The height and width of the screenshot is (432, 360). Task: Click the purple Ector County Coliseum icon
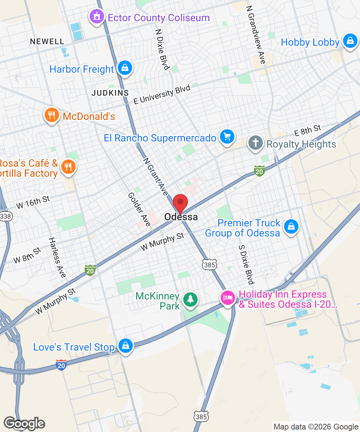point(96,17)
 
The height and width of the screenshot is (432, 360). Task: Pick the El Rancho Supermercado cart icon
point(227,137)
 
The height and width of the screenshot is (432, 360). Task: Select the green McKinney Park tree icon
point(190,300)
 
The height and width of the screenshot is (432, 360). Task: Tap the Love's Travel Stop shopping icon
point(126,346)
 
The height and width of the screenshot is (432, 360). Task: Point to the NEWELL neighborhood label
point(47,41)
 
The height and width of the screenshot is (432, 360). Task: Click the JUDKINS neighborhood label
point(110,93)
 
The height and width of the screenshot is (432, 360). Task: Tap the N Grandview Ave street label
point(256,35)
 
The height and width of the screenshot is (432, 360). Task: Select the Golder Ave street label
point(139,209)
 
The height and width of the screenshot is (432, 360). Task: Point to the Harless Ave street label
point(58,257)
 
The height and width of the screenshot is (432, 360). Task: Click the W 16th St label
point(33,202)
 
